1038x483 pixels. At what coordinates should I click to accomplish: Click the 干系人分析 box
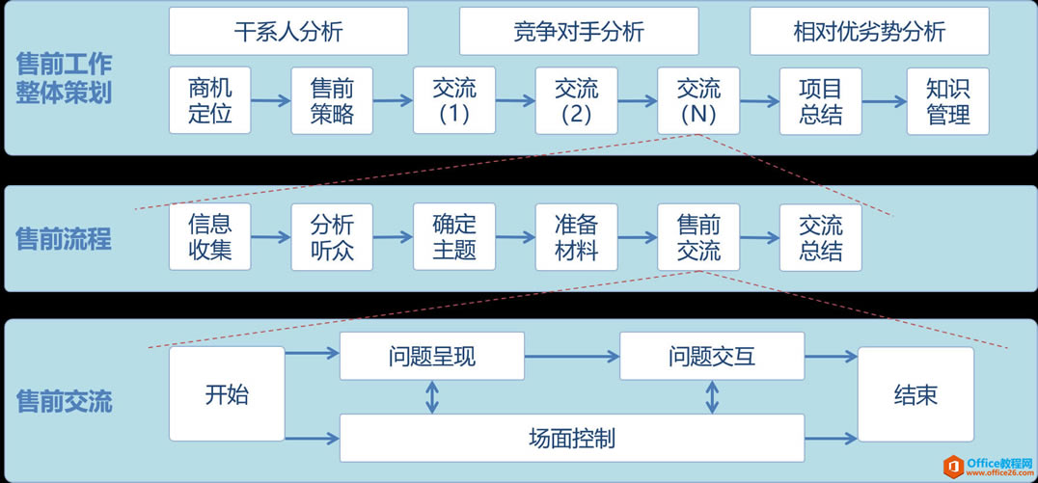[x=287, y=32]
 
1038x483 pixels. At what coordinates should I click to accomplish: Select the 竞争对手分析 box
[x=579, y=32]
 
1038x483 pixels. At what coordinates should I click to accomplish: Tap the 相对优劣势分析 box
[x=869, y=32]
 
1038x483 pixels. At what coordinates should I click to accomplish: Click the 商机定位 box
[x=209, y=101]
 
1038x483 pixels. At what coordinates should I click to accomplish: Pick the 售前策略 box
[x=332, y=101]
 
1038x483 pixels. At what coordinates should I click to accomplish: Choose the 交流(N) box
[x=698, y=101]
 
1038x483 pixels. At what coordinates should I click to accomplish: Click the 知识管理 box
[x=947, y=101]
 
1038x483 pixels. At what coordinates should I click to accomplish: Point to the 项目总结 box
[x=821, y=101]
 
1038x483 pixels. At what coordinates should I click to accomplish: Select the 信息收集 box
[x=209, y=237]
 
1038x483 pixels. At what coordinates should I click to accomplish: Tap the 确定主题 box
[x=454, y=237]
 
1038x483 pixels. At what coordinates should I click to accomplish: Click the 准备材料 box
[x=576, y=237]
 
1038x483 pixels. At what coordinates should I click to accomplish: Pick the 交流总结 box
[x=821, y=237]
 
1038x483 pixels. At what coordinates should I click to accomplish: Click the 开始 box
[x=227, y=394]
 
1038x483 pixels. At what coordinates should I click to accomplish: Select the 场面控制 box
[x=572, y=439]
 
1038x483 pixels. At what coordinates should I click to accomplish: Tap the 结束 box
[x=915, y=394]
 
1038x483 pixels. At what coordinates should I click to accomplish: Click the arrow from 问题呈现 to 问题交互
[x=572, y=357]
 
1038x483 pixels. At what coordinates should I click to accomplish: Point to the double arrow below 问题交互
[x=712, y=397]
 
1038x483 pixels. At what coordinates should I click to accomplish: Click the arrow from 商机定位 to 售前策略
[x=271, y=100]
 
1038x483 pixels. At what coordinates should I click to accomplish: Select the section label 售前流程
[x=64, y=239]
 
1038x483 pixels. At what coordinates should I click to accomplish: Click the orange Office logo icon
[x=954, y=466]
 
